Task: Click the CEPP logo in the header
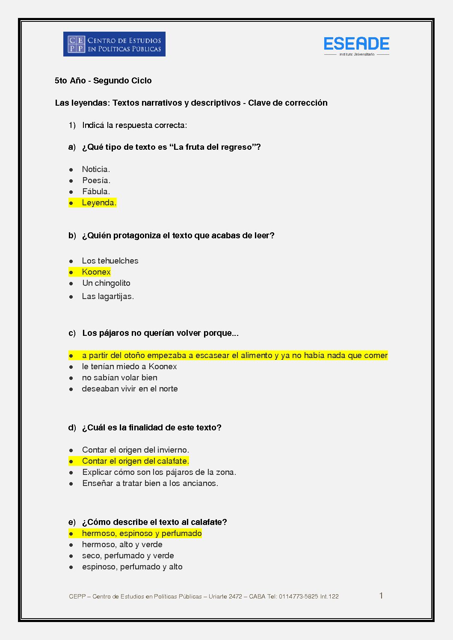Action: click(x=114, y=44)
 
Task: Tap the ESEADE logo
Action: click(x=356, y=44)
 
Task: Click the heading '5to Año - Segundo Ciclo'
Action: click(x=103, y=80)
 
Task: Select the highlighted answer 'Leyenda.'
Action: click(x=99, y=203)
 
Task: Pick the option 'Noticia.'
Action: click(x=96, y=169)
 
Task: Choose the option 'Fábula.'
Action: click(x=96, y=192)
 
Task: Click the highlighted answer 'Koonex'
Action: click(x=96, y=272)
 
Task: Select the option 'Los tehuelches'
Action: click(x=110, y=261)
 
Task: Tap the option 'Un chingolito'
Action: click(x=106, y=283)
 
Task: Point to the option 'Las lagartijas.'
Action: click(x=108, y=296)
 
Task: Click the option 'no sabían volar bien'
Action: click(x=119, y=378)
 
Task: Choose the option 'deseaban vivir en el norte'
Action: click(x=130, y=389)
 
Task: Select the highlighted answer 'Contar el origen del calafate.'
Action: click(x=135, y=461)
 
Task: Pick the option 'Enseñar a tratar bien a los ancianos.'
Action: click(x=150, y=483)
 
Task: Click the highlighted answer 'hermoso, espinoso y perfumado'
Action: click(x=142, y=533)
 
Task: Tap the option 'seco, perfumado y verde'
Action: click(x=128, y=556)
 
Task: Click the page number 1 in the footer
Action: click(x=381, y=596)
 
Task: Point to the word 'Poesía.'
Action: click(x=96, y=181)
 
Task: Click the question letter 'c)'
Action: click(x=72, y=333)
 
